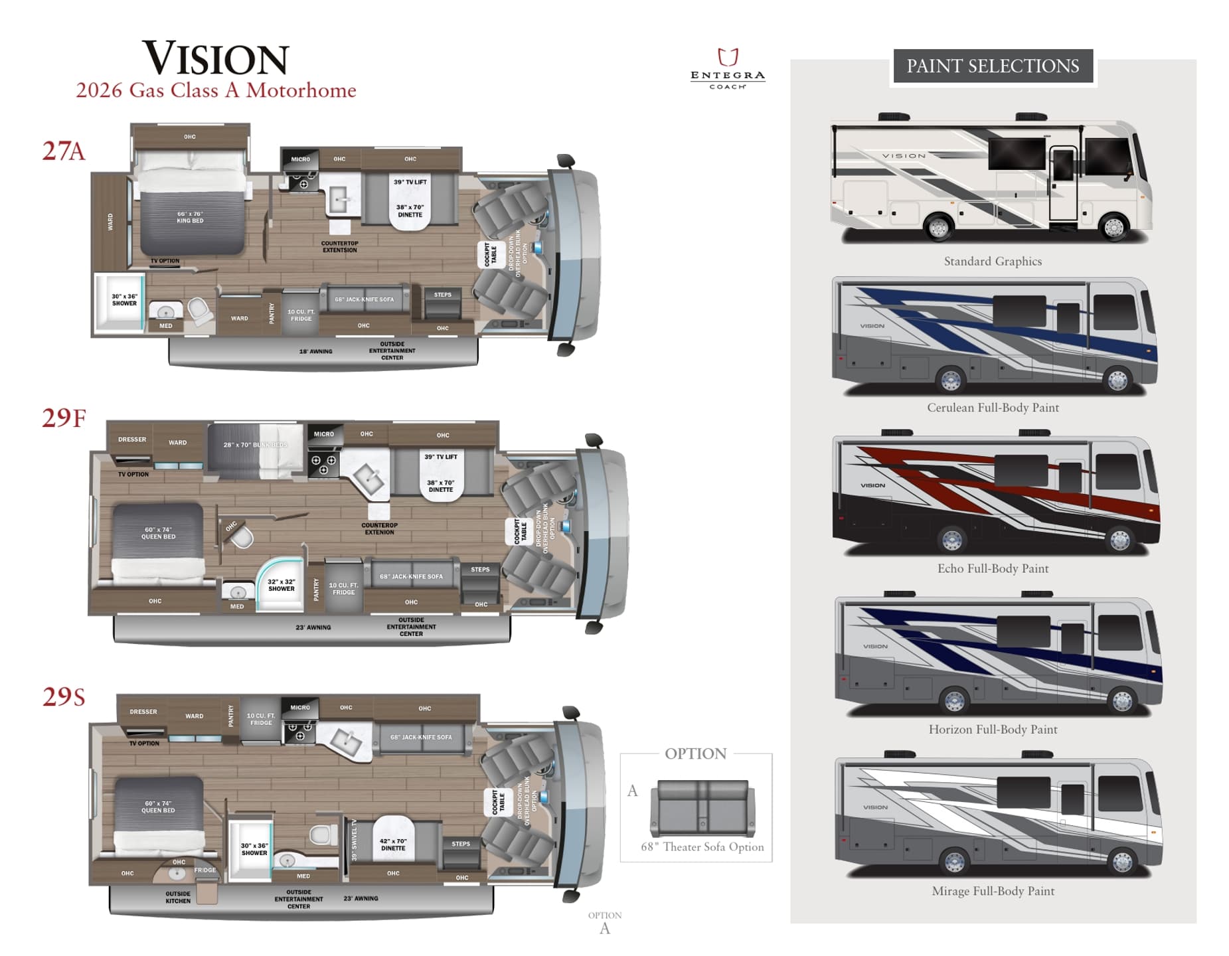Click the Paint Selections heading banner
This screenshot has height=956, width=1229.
[x=992, y=66]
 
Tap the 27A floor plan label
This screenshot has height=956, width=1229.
[x=64, y=151]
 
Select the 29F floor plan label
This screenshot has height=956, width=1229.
[x=64, y=418]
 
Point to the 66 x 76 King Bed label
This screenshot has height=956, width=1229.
[x=190, y=217]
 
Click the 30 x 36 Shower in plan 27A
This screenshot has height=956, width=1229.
[x=123, y=300]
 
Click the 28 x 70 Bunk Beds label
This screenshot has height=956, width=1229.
[x=255, y=445]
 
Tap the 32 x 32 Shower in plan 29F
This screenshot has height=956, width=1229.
[x=281, y=584]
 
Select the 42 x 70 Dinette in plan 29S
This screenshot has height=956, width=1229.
[x=392, y=844]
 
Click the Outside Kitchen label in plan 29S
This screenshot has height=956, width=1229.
[x=177, y=897]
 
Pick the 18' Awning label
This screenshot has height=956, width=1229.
[x=315, y=351]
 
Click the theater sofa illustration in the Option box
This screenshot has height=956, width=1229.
[x=702, y=807]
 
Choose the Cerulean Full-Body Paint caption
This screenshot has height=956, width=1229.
[x=992, y=408]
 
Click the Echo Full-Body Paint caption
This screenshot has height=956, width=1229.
[x=992, y=568]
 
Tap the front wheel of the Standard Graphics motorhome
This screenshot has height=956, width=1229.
[x=1113, y=228]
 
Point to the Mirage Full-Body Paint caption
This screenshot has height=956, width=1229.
[x=992, y=891]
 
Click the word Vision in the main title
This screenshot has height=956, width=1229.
[x=216, y=58]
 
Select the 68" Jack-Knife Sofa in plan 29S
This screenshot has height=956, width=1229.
[x=421, y=738]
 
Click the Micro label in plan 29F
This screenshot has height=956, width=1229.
[x=323, y=434]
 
